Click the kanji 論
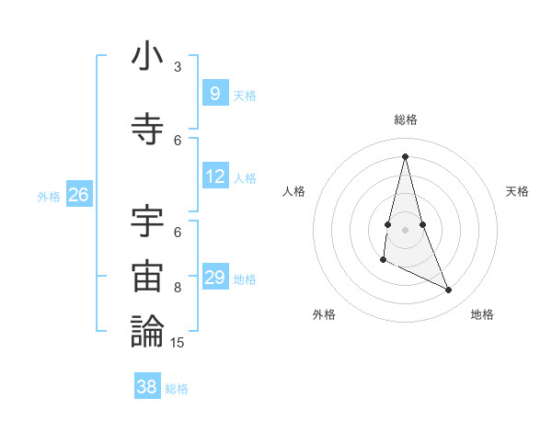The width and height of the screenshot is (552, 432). tap(147, 331)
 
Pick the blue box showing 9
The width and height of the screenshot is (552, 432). tap(214, 93)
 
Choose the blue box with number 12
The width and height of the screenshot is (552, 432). tap(214, 176)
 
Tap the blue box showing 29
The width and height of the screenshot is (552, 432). tap(214, 278)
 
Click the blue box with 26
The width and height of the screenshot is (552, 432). tap(78, 195)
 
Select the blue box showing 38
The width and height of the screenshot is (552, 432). tap(146, 387)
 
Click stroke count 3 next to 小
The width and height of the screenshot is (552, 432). tap(178, 67)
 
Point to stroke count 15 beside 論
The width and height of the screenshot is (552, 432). tap(178, 343)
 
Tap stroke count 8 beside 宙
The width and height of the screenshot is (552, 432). tap(178, 287)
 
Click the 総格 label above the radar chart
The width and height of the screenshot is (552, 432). tap(405, 119)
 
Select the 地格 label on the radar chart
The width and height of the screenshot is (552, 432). tap(482, 314)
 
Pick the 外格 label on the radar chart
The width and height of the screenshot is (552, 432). tap(324, 314)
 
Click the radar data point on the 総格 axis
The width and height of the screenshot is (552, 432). tap(405, 155)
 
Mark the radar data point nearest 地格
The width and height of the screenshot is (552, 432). tap(449, 290)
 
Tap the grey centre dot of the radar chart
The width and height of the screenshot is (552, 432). tap(405, 230)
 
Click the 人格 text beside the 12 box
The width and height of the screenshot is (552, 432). tap(245, 178)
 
